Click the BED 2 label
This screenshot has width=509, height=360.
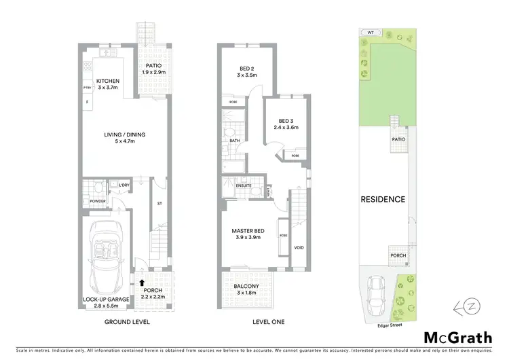tap(246, 68)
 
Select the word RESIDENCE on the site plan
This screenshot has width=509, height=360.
tap(383, 200)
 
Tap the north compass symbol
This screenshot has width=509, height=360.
tap(468, 306)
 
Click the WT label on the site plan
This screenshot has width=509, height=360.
tap(370, 32)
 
